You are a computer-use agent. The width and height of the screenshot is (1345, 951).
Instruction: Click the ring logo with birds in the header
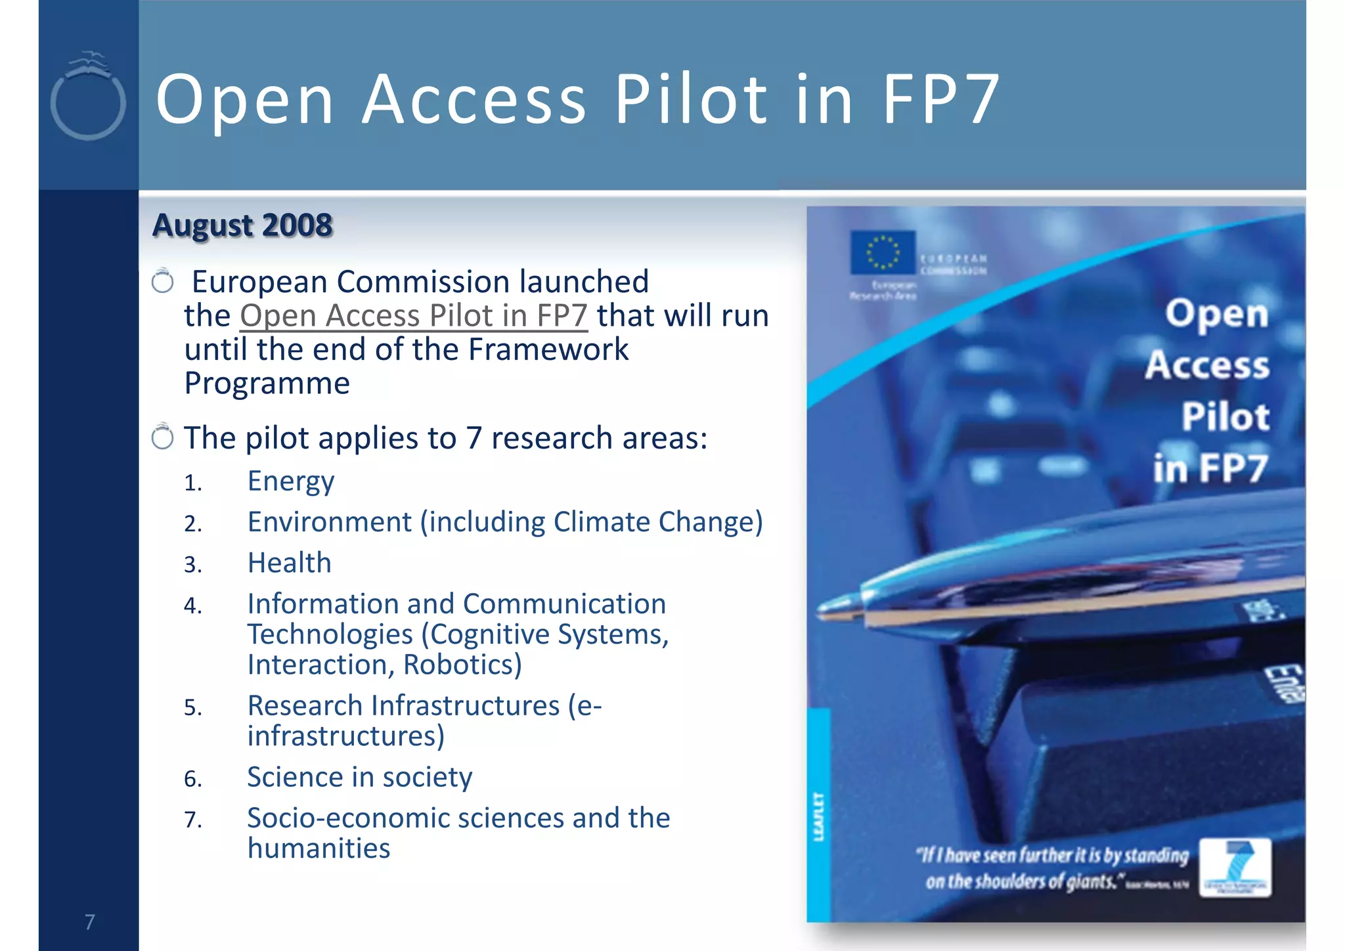[x=88, y=99]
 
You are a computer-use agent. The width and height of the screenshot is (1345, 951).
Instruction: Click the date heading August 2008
[x=242, y=225]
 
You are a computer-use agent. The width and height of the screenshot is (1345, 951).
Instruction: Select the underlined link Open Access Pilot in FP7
[x=413, y=316]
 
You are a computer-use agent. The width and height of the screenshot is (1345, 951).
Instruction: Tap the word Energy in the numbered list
[x=291, y=481]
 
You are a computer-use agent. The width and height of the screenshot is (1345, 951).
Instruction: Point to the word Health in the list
[x=289, y=563]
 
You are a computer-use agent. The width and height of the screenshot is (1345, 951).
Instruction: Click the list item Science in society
[x=359, y=777]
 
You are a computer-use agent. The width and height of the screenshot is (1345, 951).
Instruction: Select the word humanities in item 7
[x=319, y=849]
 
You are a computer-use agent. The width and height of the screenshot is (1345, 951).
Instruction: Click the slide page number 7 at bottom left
[x=90, y=922]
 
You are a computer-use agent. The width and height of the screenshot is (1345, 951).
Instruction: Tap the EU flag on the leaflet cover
[x=882, y=252]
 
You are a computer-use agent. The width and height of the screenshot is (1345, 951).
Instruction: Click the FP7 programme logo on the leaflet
[x=1235, y=867]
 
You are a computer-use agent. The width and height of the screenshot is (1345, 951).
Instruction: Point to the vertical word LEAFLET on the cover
[x=818, y=816]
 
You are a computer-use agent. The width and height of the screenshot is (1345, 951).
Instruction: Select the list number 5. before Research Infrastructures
[x=193, y=708]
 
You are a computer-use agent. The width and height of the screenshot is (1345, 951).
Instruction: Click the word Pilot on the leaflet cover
[x=1225, y=416]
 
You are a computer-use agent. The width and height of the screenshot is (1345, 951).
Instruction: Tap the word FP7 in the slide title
[x=941, y=99]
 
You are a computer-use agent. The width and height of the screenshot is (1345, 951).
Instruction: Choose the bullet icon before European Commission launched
[x=162, y=281]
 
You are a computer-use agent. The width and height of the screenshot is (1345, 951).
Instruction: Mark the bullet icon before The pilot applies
[x=162, y=437]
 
